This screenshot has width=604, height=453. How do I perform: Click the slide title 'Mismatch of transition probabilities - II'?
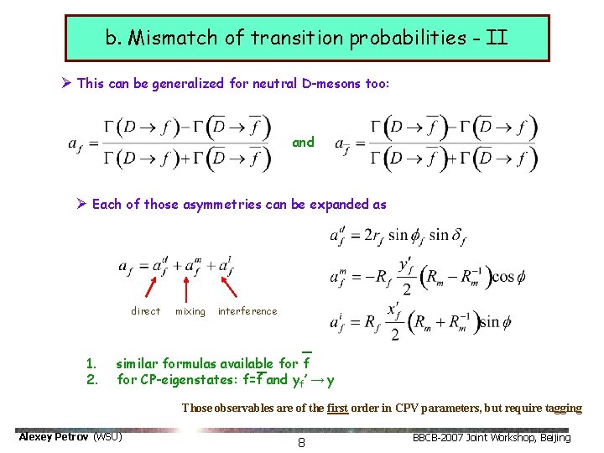click(x=306, y=38)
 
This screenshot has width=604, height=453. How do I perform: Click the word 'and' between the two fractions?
click(x=303, y=143)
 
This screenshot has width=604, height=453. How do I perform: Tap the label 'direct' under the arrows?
click(x=145, y=311)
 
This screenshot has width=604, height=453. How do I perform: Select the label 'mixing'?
click(x=190, y=311)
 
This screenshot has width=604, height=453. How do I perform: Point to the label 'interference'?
click(x=247, y=311)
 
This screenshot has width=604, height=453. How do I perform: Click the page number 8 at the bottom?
click(x=301, y=442)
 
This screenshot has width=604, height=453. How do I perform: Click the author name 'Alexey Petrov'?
click(x=53, y=437)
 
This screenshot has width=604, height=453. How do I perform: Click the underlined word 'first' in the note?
click(x=337, y=409)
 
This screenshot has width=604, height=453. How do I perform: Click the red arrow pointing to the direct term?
click(x=152, y=287)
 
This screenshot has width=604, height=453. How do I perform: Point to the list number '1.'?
click(x=91, y=364)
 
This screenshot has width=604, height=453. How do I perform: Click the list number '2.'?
click(x=91, y=379)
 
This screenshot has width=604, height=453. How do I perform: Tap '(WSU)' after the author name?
click(x=107, y=437)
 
